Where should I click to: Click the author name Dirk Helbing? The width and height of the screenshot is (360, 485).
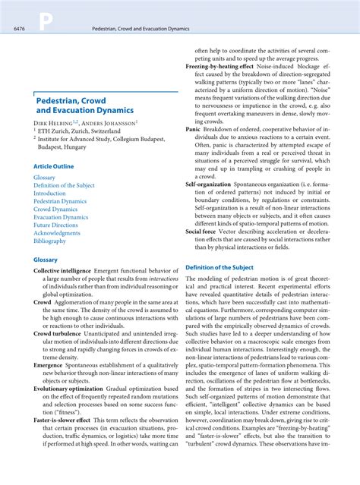pyautogui.click(x=56, y=123)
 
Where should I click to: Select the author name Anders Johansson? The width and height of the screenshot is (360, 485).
pyautogui.click(x=108, y=123)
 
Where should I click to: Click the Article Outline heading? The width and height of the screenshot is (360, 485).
pyautogui.click(x=53, y=165)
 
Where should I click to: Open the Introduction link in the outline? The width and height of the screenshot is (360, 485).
pyautogui.click(x=49, y=194)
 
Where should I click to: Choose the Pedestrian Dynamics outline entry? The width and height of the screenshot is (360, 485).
pyautogui.click(x=59, y=202)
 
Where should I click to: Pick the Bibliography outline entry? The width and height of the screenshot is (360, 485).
pyautogui.click(x=49, y=241)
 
